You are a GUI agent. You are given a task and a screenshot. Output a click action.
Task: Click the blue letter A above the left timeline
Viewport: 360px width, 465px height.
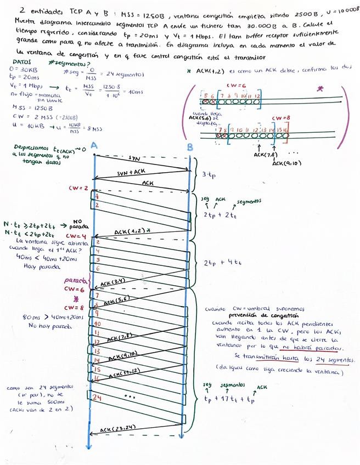click(94, 146)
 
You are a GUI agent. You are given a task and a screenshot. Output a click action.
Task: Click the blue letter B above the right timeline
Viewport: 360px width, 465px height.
click(189, 146)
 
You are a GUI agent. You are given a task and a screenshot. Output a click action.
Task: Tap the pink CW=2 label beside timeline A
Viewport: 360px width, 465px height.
click(78, 188)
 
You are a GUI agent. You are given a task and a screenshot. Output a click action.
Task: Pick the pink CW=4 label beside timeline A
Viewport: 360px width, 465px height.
click(74, 236)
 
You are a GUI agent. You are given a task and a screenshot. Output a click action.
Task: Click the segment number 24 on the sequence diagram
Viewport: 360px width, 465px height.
click(97, 396)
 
